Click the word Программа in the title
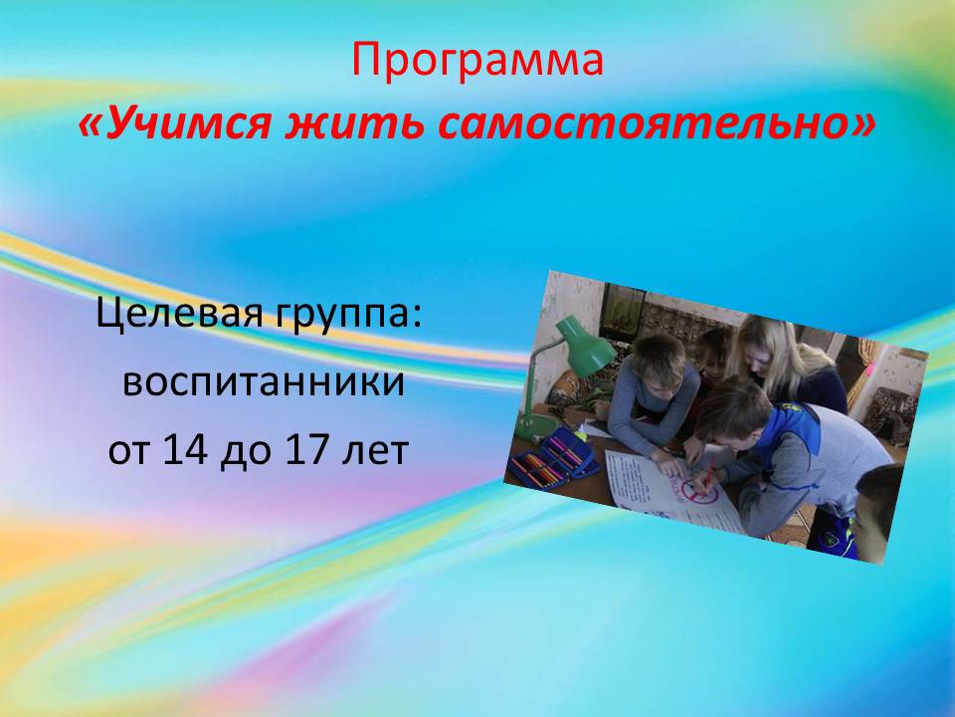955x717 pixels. pos(477,61)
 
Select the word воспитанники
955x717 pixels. pos(264,383)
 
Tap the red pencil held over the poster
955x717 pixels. pos(707,472)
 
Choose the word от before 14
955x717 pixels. pos(128,452)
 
